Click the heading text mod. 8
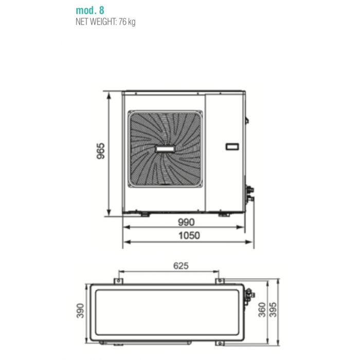point(90,10)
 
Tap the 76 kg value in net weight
point(127,22)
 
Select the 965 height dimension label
point(101,151)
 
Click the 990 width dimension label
point(186,222)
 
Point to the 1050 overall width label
point(189,236)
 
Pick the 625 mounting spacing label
point(181,266)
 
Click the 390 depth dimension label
point(80,311)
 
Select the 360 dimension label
point(262,310)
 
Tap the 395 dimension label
point(273,310)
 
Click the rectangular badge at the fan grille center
point(165,149)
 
